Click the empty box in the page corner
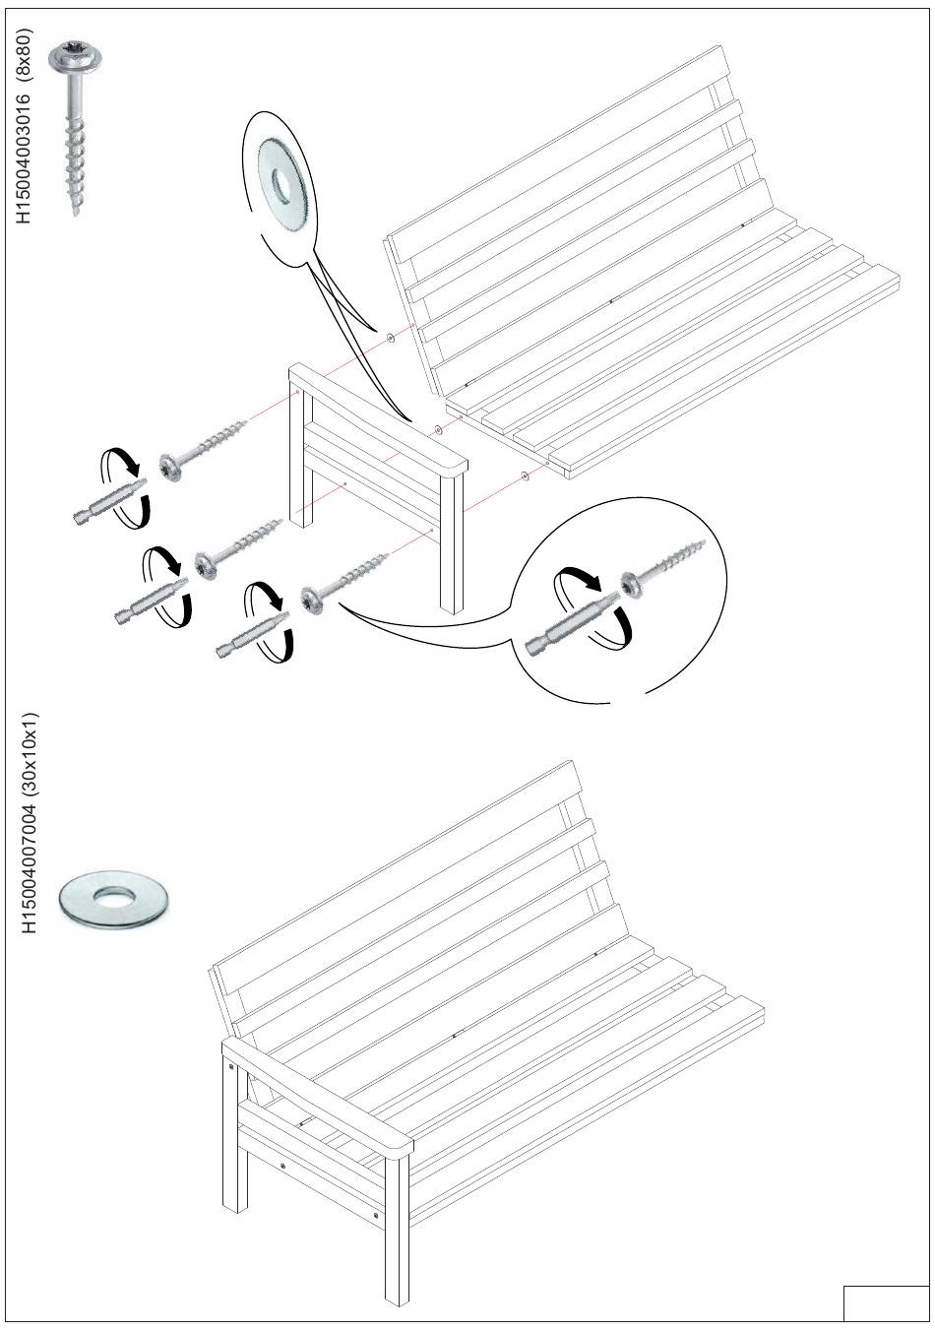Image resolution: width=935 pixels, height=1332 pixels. tap(886, 1301)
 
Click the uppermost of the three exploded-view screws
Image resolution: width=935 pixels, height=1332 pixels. tap(202, 448)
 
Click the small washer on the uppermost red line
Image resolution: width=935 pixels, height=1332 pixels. tap(391, 338)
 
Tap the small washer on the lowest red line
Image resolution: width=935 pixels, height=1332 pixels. tap(525, 476)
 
